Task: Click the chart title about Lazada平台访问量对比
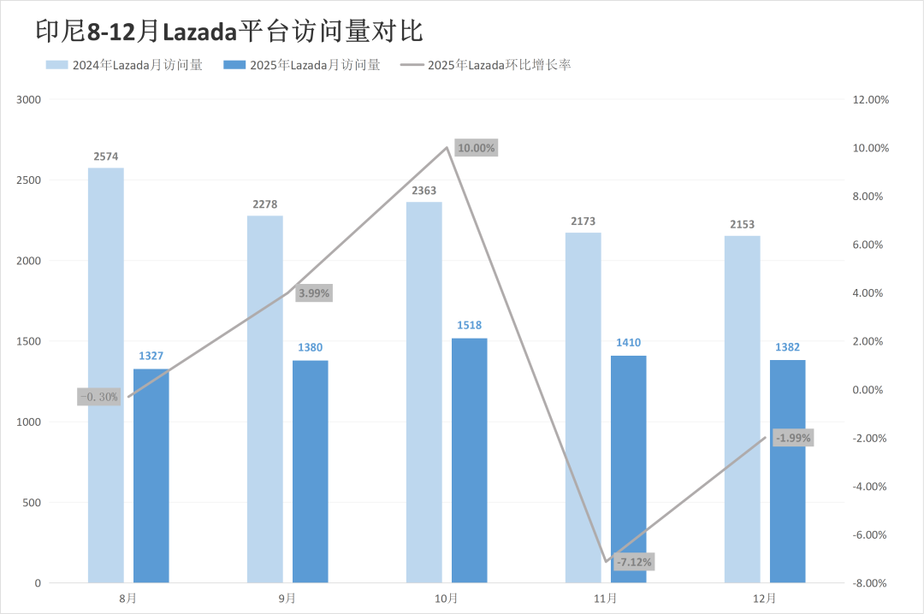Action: [x=229, y=31]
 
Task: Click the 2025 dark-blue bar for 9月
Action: [x=310, y=471]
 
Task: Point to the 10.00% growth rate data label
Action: [x=476, y=148]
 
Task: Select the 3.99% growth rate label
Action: [x=313, y=293]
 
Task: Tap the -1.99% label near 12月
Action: [x=793, y=438]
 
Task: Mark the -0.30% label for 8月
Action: [x=98, y=397]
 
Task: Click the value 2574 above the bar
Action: [x=106, y=156]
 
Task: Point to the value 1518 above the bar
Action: [x=469, y=326]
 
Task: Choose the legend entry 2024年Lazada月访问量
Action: [x=125, y=65]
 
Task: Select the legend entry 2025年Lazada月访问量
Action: [x=301, y=65]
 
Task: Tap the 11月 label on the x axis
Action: [x=605, y=598]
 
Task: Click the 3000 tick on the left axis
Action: [x=30, y=100]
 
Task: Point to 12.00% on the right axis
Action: [x=872, y=100]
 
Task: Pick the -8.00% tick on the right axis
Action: [x=872, y=583]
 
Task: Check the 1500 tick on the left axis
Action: [x=30, y=341]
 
